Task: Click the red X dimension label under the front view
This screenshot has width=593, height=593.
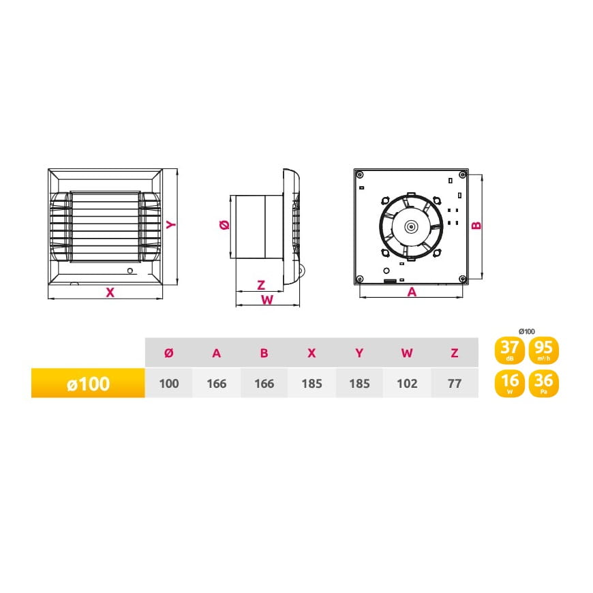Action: click(110, 292)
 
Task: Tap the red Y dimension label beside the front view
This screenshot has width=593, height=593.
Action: click(171, 225)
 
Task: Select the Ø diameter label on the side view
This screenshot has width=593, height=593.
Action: click(224, 225)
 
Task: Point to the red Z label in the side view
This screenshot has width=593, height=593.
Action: click(261, 285)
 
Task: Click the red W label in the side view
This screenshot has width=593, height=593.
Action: click(267, 300)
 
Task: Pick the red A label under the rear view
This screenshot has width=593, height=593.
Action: click(412, 292)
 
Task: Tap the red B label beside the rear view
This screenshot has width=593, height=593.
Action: click(476, 226)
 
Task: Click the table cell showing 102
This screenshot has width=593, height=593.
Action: click(407, 384)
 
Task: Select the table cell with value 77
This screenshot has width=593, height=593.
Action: click(455, 384)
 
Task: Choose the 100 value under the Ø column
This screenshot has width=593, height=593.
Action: click(168, 384)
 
